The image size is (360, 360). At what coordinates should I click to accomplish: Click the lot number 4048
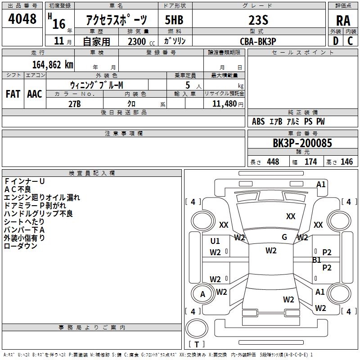tap(22, 19)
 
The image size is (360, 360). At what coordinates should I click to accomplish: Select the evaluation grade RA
tap(343, 20)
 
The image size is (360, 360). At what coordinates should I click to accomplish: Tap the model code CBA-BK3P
tap(258, 41)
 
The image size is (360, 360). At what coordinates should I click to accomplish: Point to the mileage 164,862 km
tap(52, 64)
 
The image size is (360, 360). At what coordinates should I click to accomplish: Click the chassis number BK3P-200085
tap(302, 143)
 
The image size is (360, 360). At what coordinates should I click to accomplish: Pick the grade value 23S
tap(258, 20)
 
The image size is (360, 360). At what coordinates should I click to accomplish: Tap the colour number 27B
tap(74, 103)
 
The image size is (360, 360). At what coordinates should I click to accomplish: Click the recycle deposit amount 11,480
tap(224, 103)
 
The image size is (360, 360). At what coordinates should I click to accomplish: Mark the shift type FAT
tap(13, 94)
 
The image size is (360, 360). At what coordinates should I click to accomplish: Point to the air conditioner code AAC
tap(34, 94)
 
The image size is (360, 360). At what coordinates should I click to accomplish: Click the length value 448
tap(273, 162)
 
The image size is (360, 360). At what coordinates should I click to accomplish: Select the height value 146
tap(346, 162)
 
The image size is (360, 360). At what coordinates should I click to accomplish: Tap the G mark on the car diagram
tap(284, 237)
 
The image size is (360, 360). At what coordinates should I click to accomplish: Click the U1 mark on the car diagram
tap(215, 241)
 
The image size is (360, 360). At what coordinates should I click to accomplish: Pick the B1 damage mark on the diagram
tap(317, 260)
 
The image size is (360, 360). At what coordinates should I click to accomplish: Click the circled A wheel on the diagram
tap(202, 294)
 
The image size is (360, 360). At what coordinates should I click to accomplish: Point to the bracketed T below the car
tap(196, 344)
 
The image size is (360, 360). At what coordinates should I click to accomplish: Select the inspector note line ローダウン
tap(21, 246)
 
